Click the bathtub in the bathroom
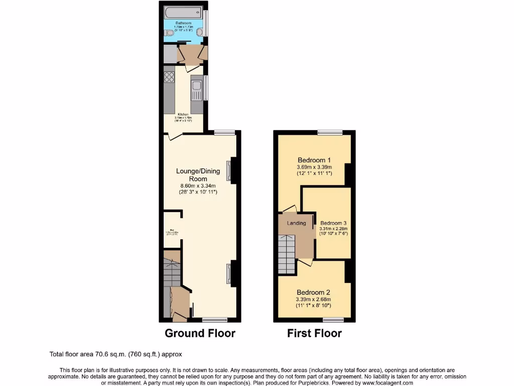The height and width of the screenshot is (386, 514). tap(183, 12)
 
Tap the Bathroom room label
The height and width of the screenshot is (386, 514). tap(183, 23)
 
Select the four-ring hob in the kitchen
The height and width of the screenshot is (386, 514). tap(169, 77)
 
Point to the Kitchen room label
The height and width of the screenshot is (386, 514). tap(183, 114)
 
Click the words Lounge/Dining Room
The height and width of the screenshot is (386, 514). tap(198, 175)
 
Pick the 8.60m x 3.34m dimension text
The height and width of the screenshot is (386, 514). tap(198, 186)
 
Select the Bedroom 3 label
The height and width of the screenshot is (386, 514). tap(334, 223)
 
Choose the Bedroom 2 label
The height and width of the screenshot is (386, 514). tap(313, 293)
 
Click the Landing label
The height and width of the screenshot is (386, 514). tap(296, 223)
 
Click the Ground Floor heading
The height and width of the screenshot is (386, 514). tap(200, 333)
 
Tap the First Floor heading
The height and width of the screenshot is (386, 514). tap(314, 333)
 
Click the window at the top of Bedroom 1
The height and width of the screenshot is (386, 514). tap(330, 132)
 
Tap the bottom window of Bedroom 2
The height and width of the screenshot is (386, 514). tap(333, 320)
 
